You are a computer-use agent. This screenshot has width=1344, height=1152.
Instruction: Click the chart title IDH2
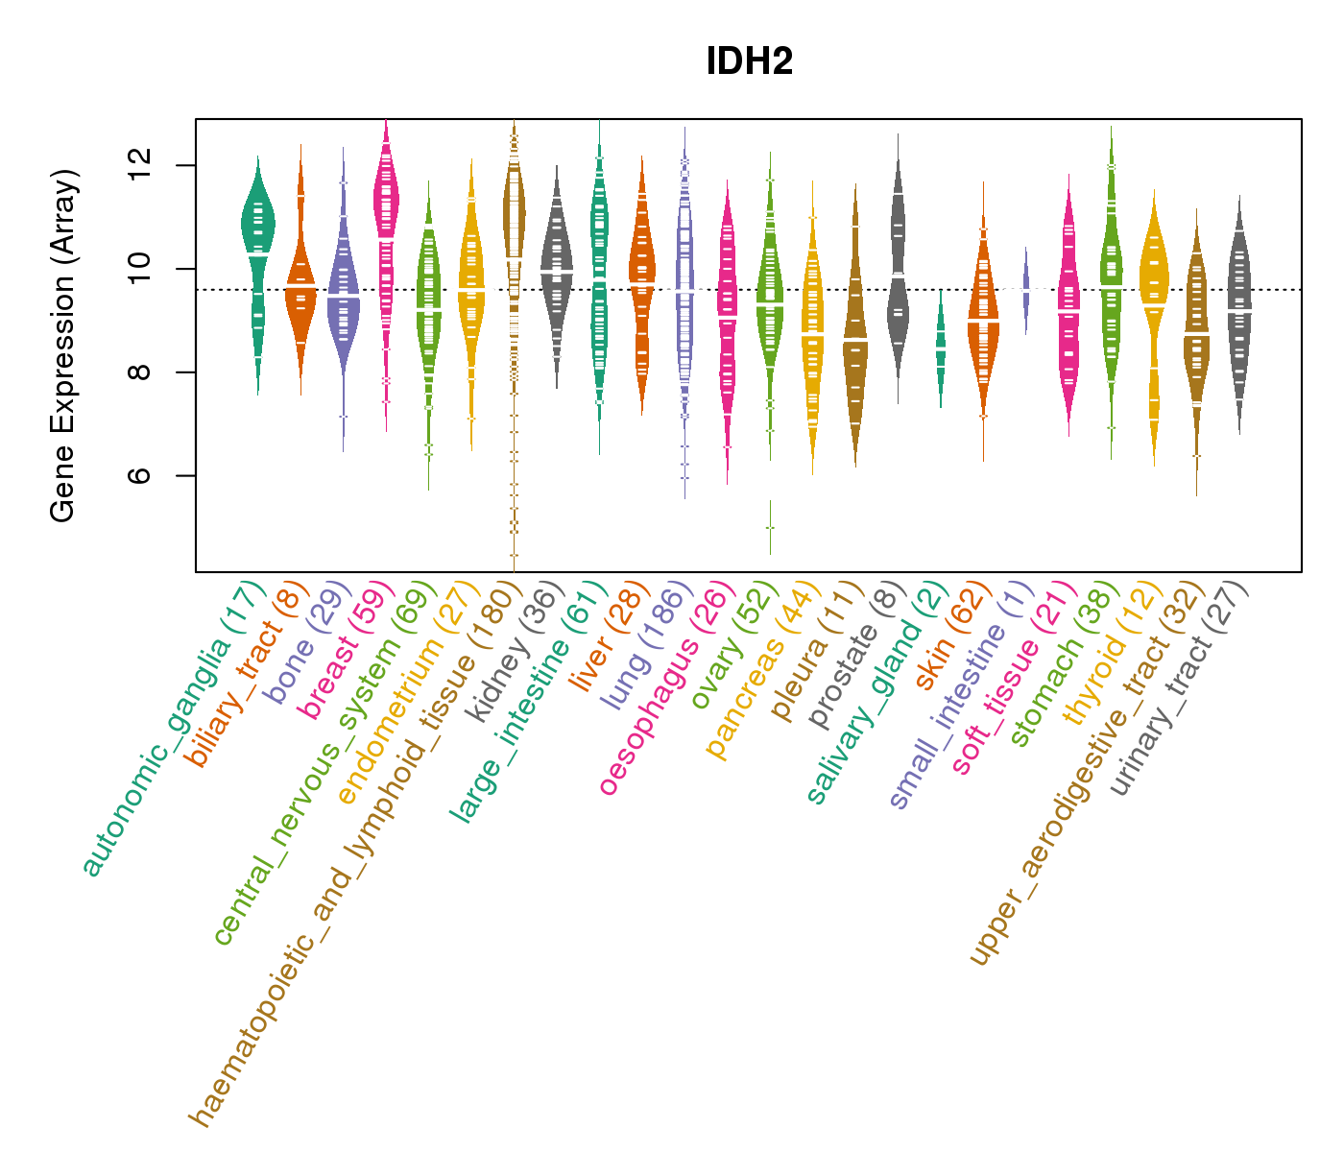tap(749, 62)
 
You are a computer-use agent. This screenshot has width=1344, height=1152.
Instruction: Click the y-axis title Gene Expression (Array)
tap(63, 346)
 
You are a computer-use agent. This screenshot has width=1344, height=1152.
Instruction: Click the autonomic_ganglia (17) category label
tap(173, 730)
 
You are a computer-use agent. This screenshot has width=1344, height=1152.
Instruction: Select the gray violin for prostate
tap(898, 269)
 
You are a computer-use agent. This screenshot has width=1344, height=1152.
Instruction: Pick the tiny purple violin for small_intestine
tap(1026, 288)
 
